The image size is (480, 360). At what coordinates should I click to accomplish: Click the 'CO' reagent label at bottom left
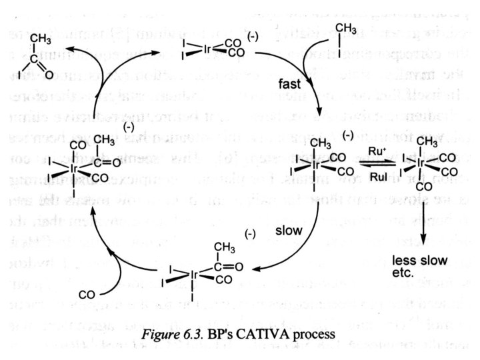click(x=89, y=293)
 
